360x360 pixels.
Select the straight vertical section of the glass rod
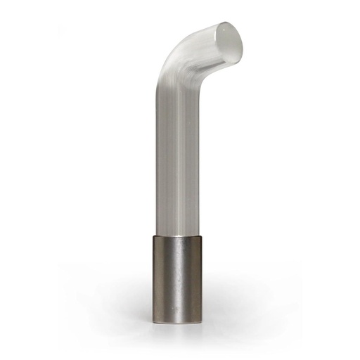[x=176, y=155]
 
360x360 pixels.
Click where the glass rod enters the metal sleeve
[x=177, y=235]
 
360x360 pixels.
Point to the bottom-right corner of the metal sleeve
[x=201, y=322]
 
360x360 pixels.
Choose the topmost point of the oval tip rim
[x=225, y=21]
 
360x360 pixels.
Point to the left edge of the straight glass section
[x=151, y=155]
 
